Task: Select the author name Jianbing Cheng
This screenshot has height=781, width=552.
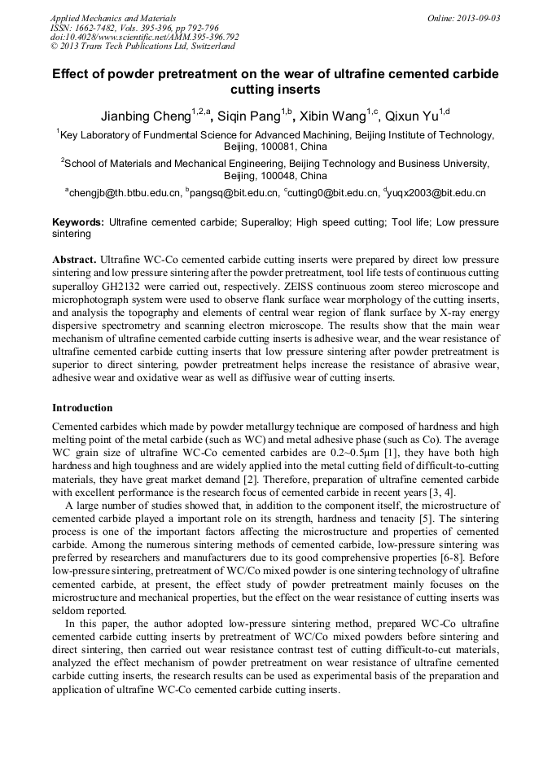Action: click(146, 117)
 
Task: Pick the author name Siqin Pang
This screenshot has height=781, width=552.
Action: click(248, 117)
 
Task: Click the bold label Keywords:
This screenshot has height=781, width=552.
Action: click(78, 222)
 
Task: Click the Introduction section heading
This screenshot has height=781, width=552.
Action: click(83, 407)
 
